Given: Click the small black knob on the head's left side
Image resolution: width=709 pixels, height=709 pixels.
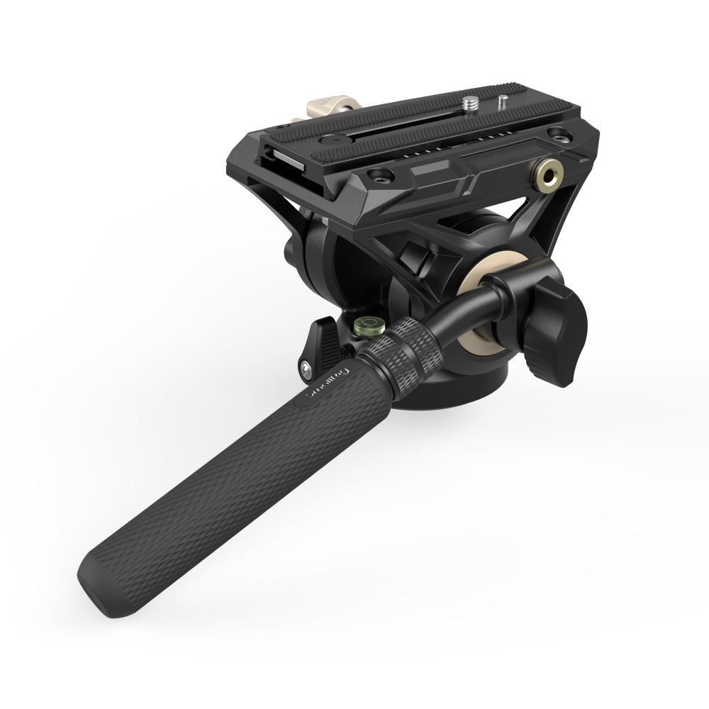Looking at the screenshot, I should tap(291, 253).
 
